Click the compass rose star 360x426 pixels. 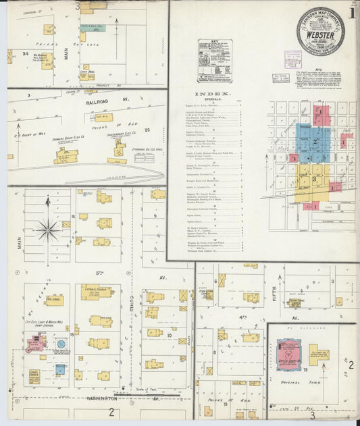click(48, 230)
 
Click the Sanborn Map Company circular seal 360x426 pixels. click(319, 30)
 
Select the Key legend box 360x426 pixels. click(214, 61)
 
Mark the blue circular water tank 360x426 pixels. click(61, 344)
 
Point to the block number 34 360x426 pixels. click(25, 53)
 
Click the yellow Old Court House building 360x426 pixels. click(318, 353)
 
